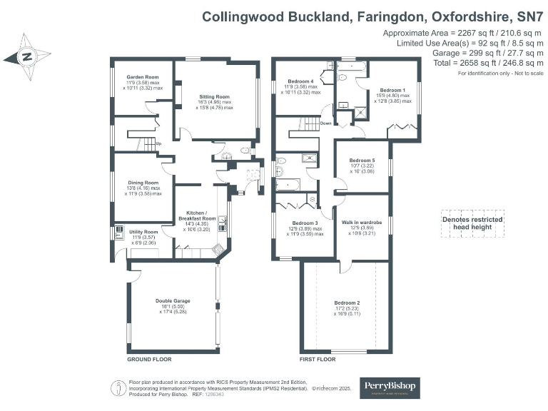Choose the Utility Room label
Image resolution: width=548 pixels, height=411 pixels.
coord(143,232)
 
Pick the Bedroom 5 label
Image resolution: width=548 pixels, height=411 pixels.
coord(363,161)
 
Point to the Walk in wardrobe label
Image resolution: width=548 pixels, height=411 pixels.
coord(362,223)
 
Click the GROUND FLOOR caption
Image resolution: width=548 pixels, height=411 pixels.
coord(147,360)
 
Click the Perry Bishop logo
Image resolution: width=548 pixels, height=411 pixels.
coord(390,387)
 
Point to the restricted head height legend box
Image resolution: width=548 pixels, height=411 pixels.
coord(472,222)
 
